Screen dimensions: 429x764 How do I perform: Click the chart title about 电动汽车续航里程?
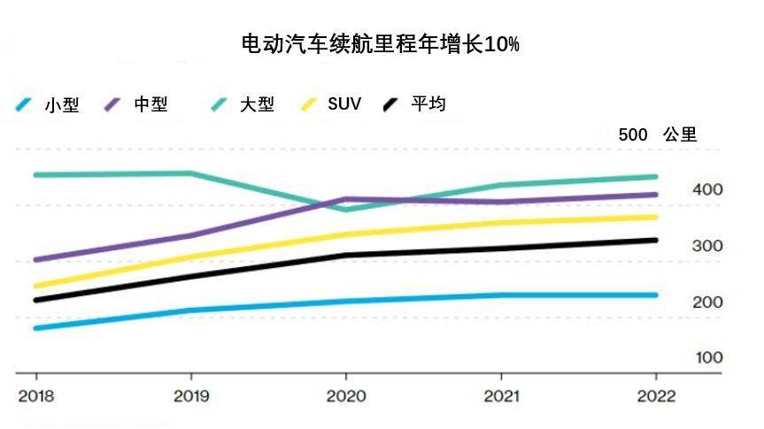(381, 44)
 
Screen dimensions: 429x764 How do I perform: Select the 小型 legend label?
(61, 105)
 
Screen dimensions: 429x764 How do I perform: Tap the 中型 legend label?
(150, 104)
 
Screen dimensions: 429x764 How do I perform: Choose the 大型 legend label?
(257, 104)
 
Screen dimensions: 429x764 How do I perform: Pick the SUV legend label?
(344, 104)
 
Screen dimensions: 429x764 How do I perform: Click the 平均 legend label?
(428, 104)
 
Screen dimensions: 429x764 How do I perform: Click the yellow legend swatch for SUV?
(308, 104)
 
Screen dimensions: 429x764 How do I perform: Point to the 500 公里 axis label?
(658, 135)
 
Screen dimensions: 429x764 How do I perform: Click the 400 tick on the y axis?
(708, 190)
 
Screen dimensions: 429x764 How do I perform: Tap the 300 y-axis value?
(708, 246)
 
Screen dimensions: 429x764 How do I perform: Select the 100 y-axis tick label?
(708, 357)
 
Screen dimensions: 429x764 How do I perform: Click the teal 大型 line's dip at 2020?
(346, 210)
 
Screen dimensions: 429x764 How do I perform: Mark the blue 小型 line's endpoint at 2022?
(655, 295)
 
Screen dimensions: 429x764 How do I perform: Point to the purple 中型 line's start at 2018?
(35, 260)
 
